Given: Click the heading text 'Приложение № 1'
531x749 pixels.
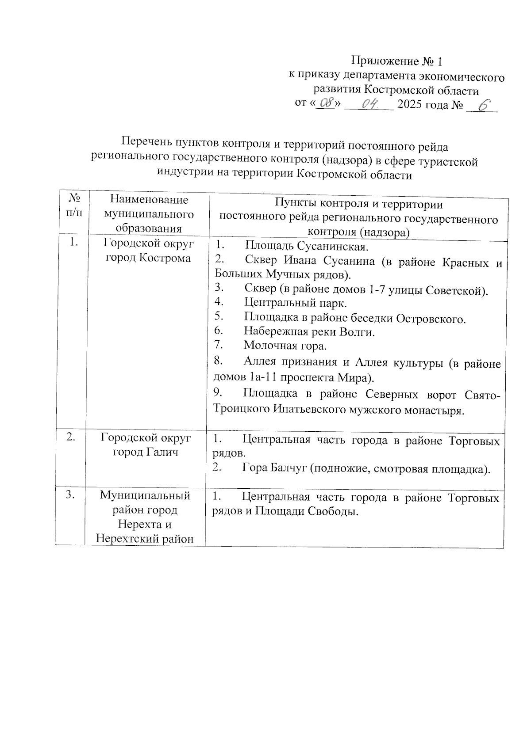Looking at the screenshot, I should tap(396, 61).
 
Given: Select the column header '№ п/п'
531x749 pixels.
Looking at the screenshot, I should tap(74, 205).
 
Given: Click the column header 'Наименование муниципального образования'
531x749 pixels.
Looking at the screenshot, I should tap(149, 214).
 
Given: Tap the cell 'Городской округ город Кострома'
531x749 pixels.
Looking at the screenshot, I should tap(149, 250).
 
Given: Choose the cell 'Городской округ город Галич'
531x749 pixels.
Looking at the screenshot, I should tap(146, 445).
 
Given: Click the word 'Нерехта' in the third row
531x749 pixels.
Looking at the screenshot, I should tap(145, 525).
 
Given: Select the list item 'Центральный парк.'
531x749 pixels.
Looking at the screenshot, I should tap(296, 303).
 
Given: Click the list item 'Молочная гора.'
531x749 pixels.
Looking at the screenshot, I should tap(285, 346).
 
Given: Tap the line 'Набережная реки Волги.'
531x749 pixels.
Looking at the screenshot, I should tap(309, 331).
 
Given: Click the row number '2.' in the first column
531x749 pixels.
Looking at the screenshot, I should tap(71, 437).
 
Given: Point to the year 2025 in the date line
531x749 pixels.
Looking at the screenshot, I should tap(410, 105).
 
